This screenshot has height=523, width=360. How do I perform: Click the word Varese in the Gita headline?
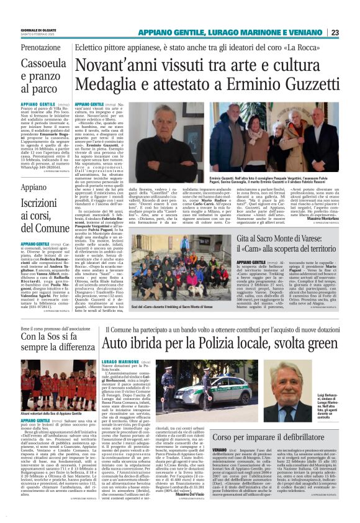click(x=325, y=240)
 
